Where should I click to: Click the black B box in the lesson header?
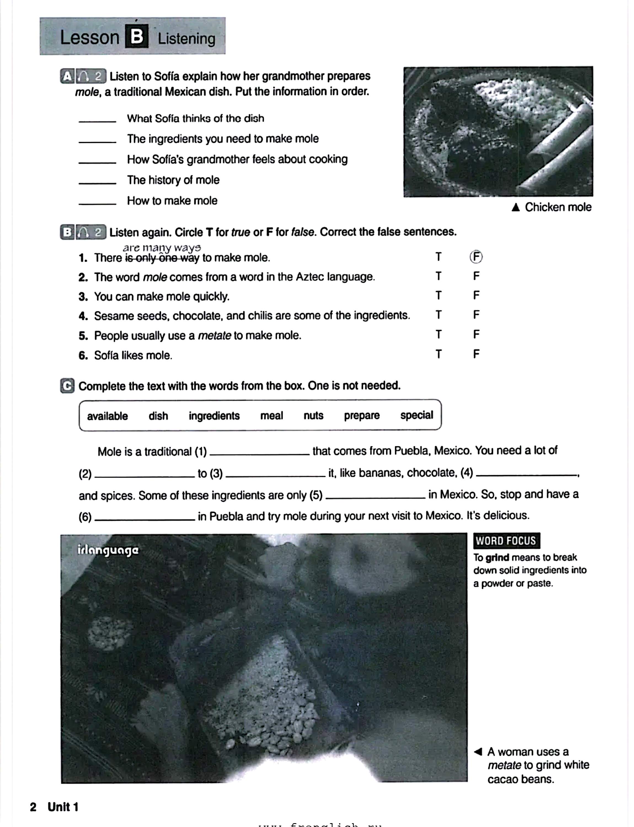pyautogui.click(x=137, y=37)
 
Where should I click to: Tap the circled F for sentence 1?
pyautogui.click(x=476, y=257)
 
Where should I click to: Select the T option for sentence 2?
pyautogui.click(x=438, y=276)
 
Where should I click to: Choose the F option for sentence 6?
pyautogui.click(x=476, y=354)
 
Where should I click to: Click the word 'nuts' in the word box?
pyautogui.click(x=313, y=415)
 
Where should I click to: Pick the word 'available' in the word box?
pyautogui.click(x=107, y=416)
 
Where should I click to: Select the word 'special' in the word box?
pyautogui.click(x=417, y=415)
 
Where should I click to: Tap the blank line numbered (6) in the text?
pyautogui.click(x=145, y=518)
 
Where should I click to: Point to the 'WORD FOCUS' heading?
pyautogui.click(x=506, y=541)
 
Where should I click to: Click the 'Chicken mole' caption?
pyautogui.click(x=558, y=207)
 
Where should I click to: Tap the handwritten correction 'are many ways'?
pyautogui.click(x=162, y=248)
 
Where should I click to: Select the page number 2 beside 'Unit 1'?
pyautogui.click(x=33, y=807)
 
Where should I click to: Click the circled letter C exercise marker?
pyautogui.click(x=67, y=386)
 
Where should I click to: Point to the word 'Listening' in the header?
pyautogui.click(x=186, y=39)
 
